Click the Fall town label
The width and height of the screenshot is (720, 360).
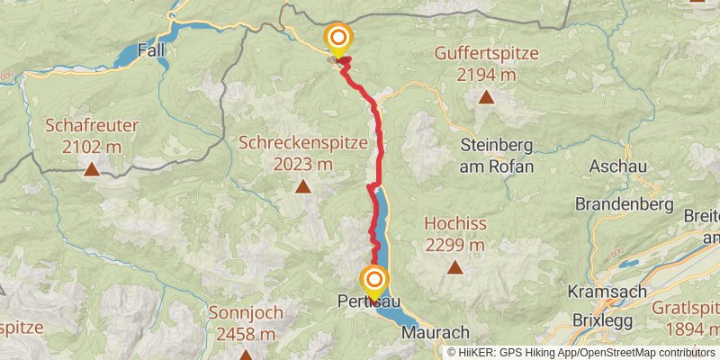152,50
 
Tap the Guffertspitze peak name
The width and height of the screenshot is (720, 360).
486,53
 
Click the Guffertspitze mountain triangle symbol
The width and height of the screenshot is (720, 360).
486,97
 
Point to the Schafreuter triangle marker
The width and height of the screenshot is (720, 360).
91,168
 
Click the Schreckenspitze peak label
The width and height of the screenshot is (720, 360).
302,142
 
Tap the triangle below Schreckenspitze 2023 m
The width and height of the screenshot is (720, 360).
303,186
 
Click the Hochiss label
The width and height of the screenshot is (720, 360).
455,224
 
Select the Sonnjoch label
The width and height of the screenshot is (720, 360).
246,313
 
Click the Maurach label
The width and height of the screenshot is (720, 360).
436,332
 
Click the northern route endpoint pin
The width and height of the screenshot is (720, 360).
338,38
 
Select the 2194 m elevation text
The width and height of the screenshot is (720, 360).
486,75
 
